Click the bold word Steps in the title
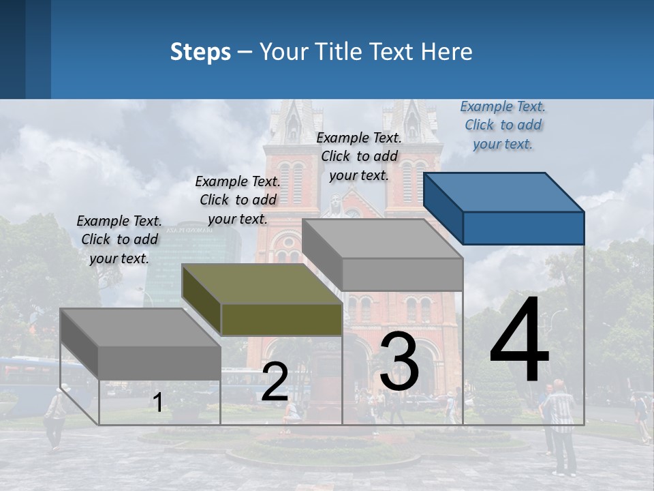click(200, 52)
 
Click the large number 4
click(519, 340)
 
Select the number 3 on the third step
click(399, 361)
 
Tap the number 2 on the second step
click(275, 382)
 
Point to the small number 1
click(157, 403)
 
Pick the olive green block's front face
click(281, 319)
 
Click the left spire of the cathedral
click(293, 123)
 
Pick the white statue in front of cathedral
click(334, 205)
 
